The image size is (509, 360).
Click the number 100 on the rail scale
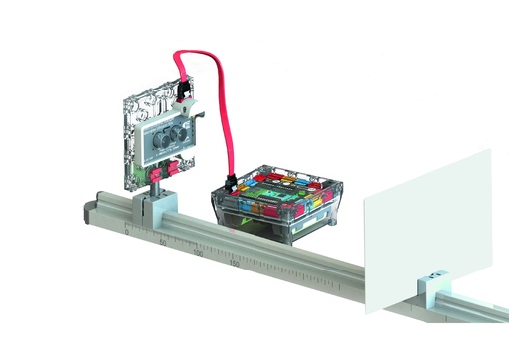tap(198, 255)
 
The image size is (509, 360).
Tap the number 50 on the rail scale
tap(162, 242)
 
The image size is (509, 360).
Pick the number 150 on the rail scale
tap(235, 266)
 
